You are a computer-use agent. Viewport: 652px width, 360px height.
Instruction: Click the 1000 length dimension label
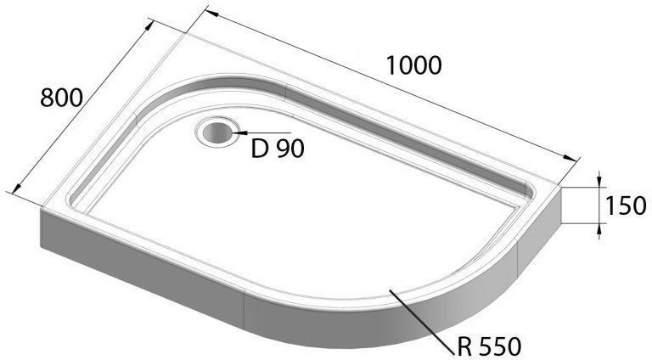(413, 65)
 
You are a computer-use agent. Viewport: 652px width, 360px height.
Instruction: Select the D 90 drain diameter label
(278, 148)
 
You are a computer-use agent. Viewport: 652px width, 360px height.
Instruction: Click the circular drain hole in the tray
(216, 132)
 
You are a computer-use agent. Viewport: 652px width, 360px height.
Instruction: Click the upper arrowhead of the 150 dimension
(599, 181)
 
